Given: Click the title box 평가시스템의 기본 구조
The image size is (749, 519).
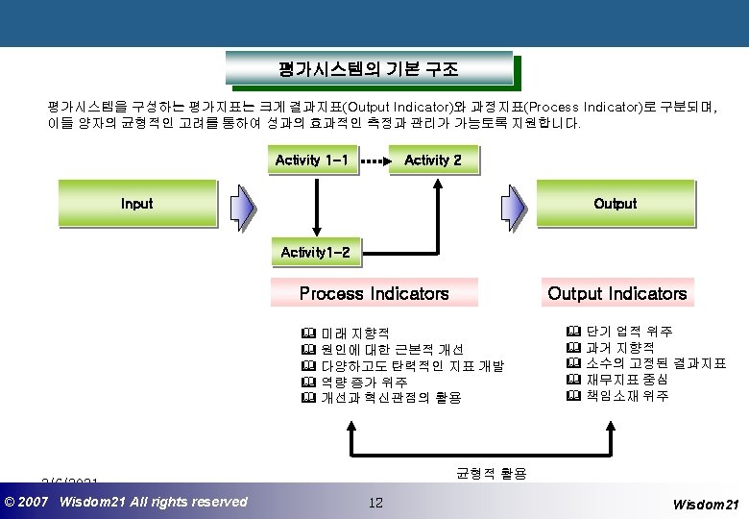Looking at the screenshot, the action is click(x=369, y=69).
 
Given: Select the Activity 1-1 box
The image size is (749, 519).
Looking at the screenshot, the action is click(x=311, y=160).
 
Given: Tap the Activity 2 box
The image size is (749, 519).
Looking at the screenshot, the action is click(x=433, y=160).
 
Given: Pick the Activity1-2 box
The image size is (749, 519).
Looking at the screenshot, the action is click(x=316, y=253).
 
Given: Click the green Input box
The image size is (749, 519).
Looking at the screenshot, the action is click(x=136, y=204).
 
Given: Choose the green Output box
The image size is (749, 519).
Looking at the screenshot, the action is click(x=615, y=204).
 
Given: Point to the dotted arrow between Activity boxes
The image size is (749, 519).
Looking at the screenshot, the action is click(x=374, y=161).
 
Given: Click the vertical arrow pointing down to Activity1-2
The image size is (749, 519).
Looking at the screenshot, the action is click(x=316, y=204).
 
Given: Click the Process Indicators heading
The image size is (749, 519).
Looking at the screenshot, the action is click(x=374, y=293).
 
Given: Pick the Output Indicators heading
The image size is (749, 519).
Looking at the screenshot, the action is click(x=616, y=293).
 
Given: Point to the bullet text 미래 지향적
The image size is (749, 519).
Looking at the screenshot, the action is click(x=355, y=333).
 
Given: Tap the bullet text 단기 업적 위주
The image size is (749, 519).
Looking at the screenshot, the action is click(x=628, y=332).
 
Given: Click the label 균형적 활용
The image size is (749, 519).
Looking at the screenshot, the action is click(x=491, y=473).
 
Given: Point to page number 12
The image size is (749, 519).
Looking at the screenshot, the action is click(x=375, y=502).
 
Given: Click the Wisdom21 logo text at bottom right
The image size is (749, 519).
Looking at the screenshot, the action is click(x=706, y=504).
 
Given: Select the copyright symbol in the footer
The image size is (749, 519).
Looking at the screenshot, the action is click(x=11, y=502).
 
